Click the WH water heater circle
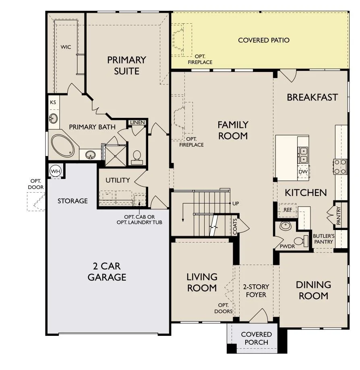pos(56,171)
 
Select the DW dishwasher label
pos(303,172)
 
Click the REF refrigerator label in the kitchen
pos(288,210)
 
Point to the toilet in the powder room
pos(301,240)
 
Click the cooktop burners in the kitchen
pos(340,166)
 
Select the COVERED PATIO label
pos(264,40)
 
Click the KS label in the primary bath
pos(53,102)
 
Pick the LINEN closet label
pos(137,122)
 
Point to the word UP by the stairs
pos(236,203)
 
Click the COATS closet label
pos(235,227)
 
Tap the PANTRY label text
pos(339,216)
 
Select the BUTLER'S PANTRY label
pos(324,239)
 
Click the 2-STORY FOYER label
pos(256,291)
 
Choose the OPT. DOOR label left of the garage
pos(36,184)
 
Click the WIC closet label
pos(66,47)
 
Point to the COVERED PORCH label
pos(256,338)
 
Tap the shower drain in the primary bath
pos(115,156)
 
